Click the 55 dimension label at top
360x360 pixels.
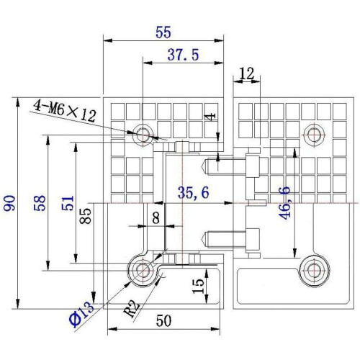163,32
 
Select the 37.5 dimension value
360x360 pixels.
184,55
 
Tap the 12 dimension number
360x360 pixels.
247,73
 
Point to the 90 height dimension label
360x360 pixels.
9,204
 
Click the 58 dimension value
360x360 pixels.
40,203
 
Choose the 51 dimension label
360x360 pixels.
68,203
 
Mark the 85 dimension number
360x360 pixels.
86,216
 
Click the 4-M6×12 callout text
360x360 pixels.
65,111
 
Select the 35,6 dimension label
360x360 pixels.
194,192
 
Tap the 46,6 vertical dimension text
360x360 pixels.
284,203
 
